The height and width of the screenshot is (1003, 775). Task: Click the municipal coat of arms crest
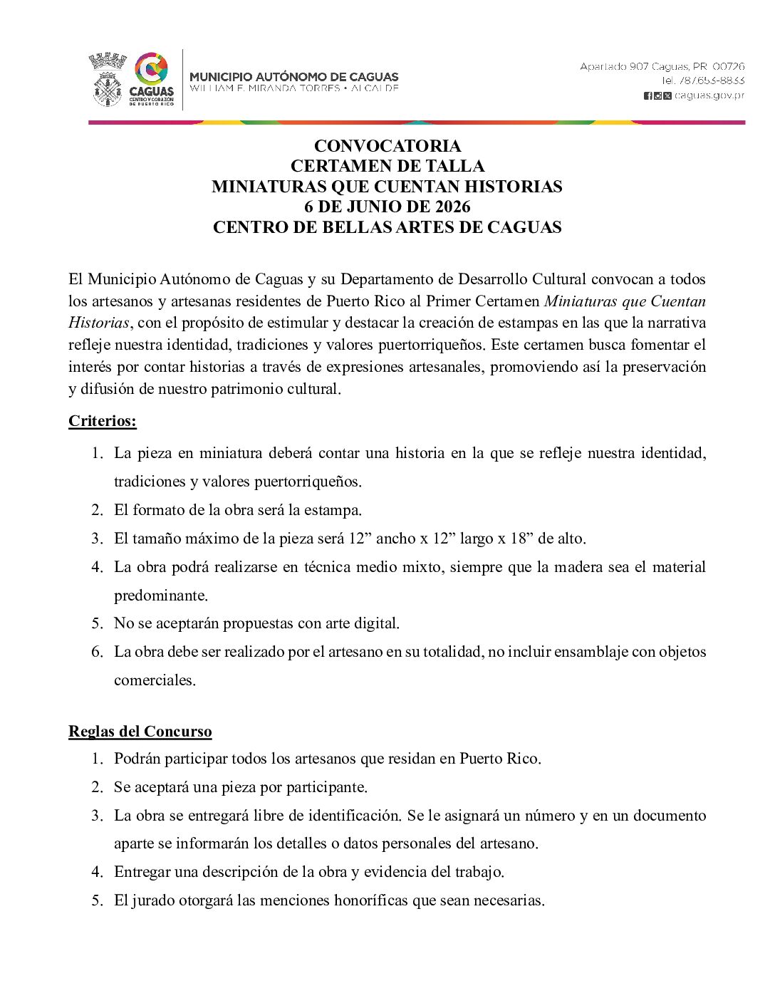tap(107, 80)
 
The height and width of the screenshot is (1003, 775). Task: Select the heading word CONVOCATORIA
tap(387, 146)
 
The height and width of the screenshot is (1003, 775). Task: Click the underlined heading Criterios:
tap(102, 421)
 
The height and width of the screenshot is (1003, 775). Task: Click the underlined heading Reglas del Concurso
tap(140, 732)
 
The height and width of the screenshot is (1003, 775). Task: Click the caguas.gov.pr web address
tap(709, 95)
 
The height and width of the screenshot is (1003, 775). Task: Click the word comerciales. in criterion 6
tap(155, 680)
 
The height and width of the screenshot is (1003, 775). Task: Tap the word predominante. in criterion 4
tap(161, 596)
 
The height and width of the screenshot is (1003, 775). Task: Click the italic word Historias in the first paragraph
tap(98, 323)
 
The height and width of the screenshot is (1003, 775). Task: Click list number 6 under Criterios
tap(97, 652)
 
